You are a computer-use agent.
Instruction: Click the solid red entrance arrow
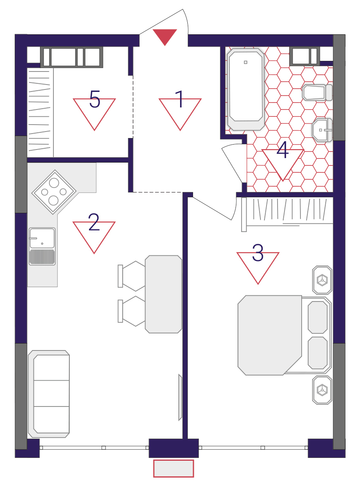[164, 36]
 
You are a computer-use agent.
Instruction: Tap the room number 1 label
[180, 99]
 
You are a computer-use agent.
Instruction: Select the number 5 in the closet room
[95, 99]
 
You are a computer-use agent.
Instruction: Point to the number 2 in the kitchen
[94, 222]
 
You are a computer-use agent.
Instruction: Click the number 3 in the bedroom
[258, 253]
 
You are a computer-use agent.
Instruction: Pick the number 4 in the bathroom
[282, 150]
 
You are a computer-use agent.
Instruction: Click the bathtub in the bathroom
[246, 89]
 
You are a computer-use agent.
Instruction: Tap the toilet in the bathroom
[317, 92]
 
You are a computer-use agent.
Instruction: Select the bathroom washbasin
[322, 130]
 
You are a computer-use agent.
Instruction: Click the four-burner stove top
[54, 192]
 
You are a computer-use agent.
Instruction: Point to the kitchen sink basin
[42, 238]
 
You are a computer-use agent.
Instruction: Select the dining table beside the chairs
[163, 294]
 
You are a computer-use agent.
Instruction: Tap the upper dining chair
[131, 276]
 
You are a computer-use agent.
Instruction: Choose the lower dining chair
[131, 311]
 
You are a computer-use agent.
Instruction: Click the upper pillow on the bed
[318, 317]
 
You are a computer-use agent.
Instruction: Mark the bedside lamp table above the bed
[322, 280]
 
